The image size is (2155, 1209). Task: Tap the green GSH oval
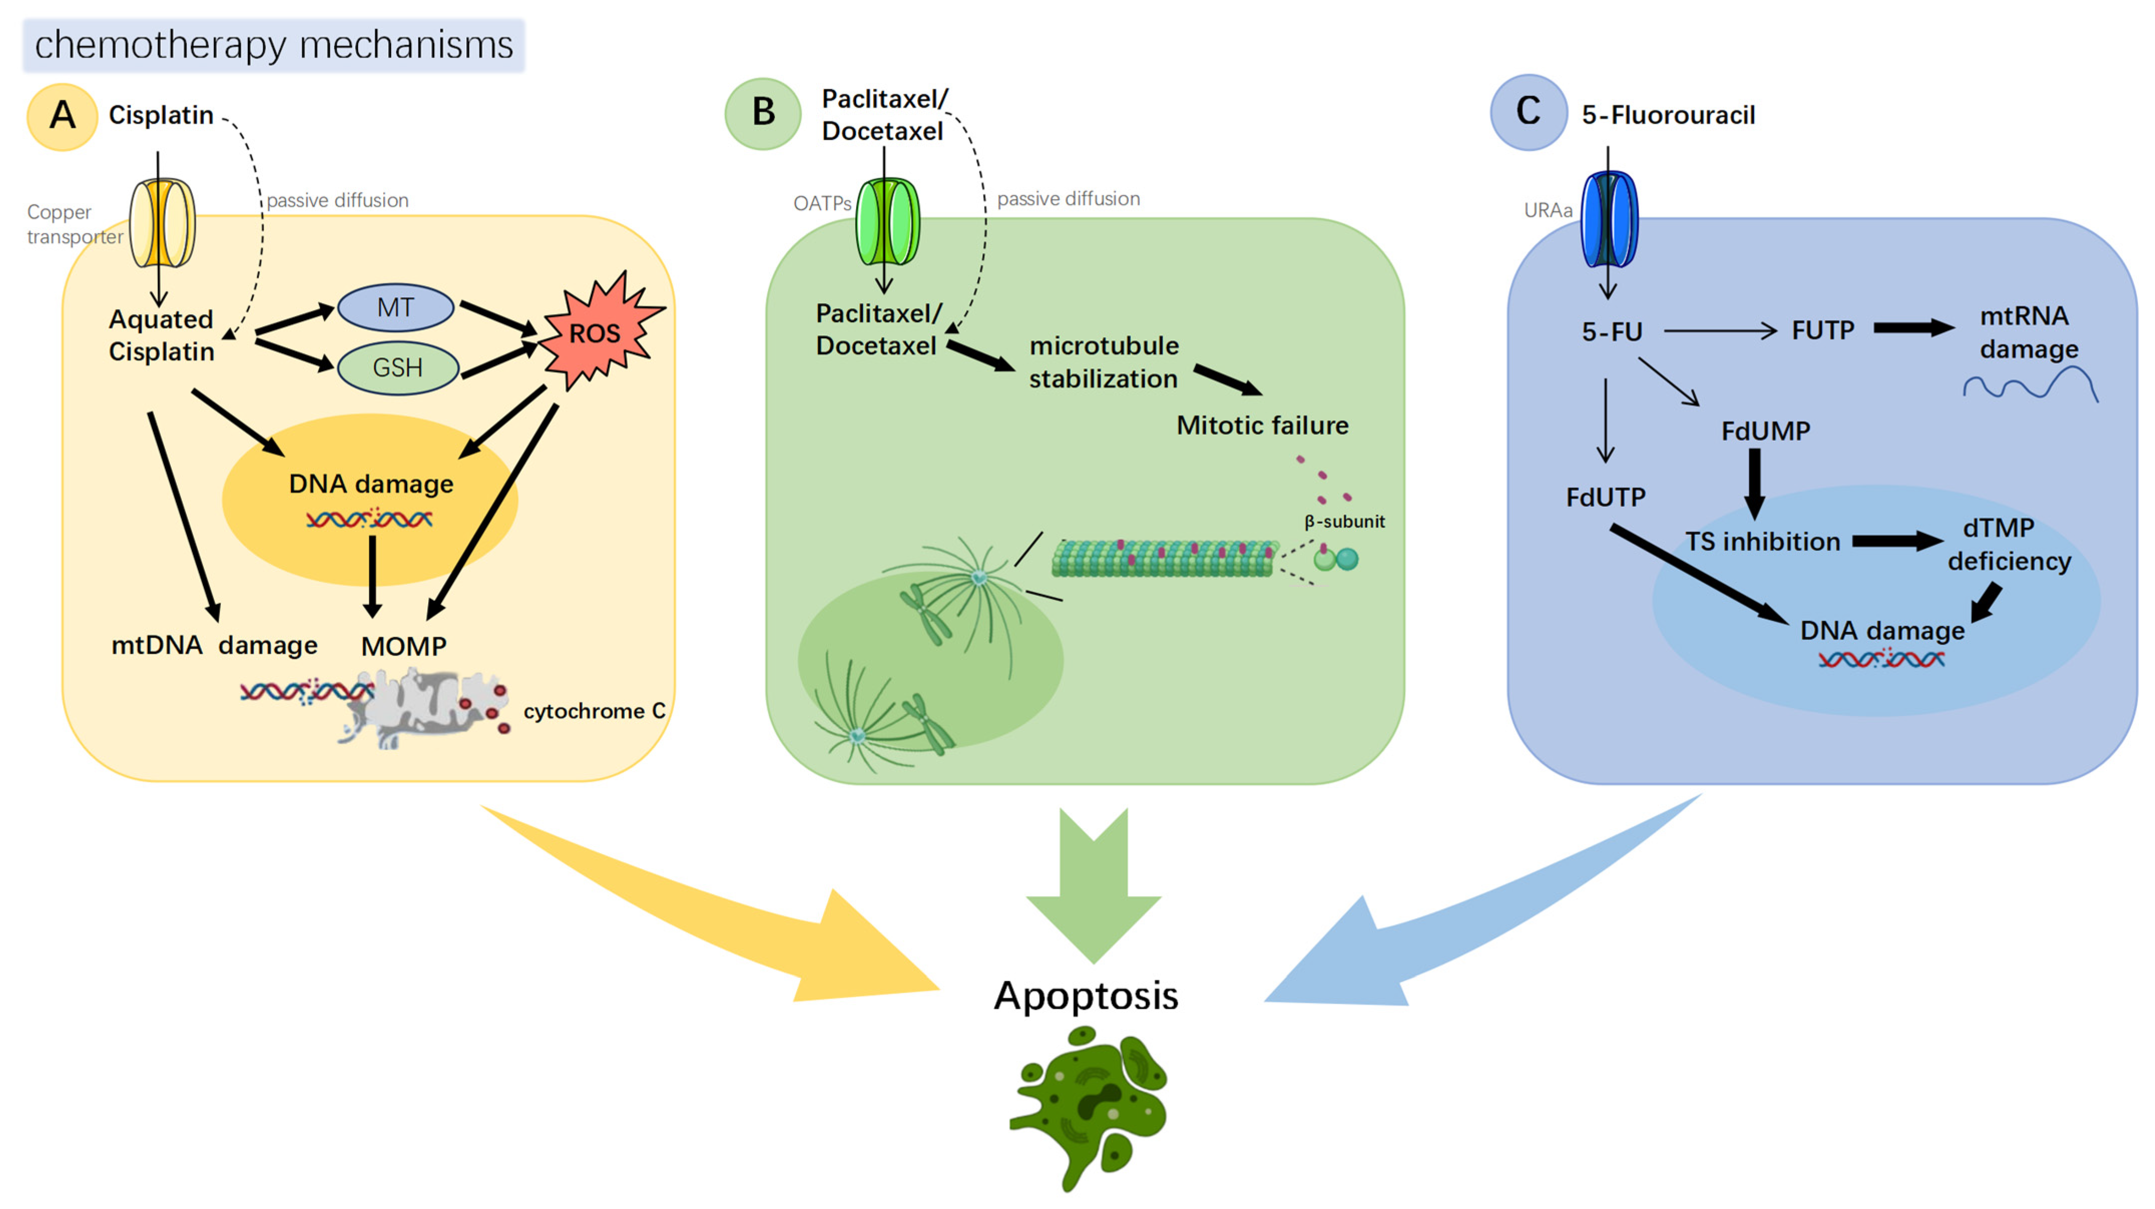point(397,367)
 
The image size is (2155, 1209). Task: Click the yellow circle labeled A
point(63,116)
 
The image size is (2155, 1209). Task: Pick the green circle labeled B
point(762,113)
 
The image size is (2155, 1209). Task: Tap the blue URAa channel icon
point(1608,220)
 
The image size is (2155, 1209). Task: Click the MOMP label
point(403,646)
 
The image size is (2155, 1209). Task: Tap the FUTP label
point(1822,331)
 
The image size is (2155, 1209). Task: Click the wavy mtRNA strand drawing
point(2029,387)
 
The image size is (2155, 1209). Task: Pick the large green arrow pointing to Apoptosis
point(1094,887)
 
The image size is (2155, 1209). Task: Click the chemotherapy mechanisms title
point(274,45)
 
